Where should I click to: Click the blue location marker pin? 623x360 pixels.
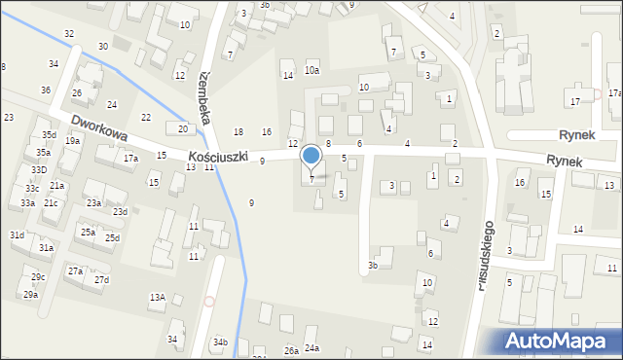(311, 159)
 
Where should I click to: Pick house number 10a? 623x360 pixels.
(311, 70)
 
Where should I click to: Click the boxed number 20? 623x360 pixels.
(183, 128)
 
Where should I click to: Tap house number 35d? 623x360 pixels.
(49, 134)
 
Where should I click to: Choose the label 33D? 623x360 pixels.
(38, 170)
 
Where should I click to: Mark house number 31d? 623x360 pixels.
(18, 235)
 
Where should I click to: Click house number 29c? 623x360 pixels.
(38, 277)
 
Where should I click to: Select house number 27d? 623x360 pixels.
(101, 280)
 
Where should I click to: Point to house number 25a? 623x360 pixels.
(88, 233)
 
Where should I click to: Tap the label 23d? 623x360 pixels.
(120, 212)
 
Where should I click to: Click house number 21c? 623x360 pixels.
(50, 203)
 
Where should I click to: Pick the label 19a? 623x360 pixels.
(72, 141)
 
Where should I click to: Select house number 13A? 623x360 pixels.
(157, 297)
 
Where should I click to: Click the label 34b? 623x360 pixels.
(221, 342)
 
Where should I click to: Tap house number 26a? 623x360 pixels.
(290, 350)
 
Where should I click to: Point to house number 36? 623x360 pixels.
(46, 90)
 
